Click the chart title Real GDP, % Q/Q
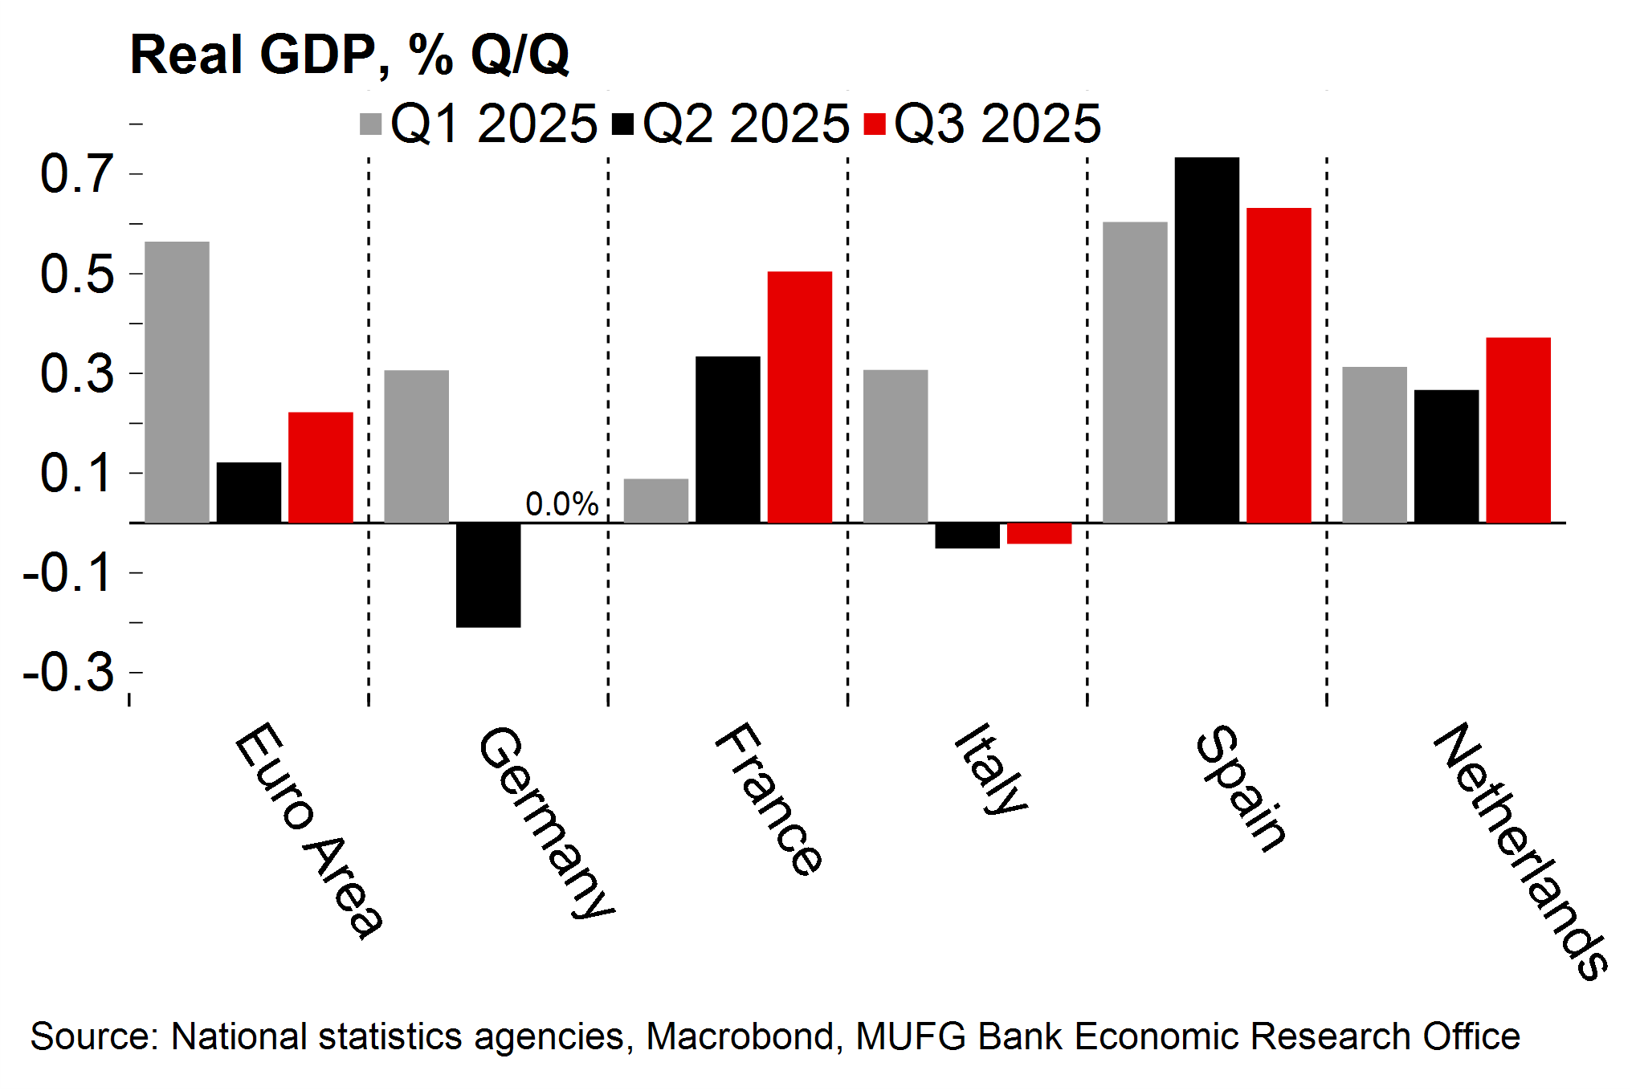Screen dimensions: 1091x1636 (x=349, y=55)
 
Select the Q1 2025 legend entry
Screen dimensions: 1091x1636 (x=479, y=124)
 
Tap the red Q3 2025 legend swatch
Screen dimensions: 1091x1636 (x=874, y=124)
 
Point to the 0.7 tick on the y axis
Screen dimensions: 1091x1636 (x=77, y=174)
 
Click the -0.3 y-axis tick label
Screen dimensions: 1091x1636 (x=69, y=672)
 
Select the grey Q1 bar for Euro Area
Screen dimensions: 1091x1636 (x=177, y=382)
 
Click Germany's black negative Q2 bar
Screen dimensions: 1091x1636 (x=488, y=575)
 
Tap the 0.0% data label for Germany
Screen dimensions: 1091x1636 (x=561, y=504)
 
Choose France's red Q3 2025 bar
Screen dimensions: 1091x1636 (x=799, y=397)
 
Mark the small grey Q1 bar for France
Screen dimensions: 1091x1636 (x=655, y=501)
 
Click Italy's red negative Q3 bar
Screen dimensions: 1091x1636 (x=1038, y=533)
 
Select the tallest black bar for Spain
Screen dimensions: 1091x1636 (x=1206, y=340)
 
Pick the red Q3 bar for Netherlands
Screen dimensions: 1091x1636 (x=1518, y=430)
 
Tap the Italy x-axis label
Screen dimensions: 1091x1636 (x=991, y=769)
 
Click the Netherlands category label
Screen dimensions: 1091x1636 (x=1521, y=851)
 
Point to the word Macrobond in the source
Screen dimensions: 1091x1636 (x=739, y=1036)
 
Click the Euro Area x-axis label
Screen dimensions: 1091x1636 (x=308, y=830)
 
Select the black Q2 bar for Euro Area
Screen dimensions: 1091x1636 (x=249, y=493)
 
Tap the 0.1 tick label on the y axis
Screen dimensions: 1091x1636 (x=77, y=473)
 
